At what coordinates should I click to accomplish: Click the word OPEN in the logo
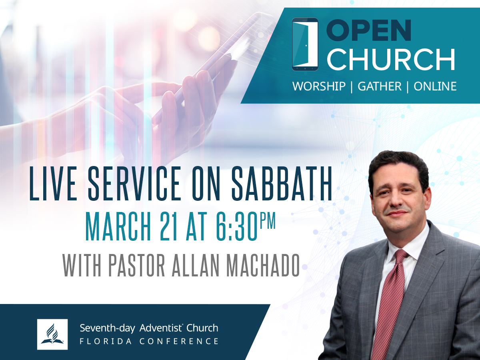[369, 30]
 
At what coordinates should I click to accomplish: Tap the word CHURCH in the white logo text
[391, 59]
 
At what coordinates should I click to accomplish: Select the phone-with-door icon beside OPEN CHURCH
[305, 44]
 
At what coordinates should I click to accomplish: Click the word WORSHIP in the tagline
[319, 86]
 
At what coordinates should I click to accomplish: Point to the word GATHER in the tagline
[380, 86]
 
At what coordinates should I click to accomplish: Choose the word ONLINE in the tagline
[435, 86]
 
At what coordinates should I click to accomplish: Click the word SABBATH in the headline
[282, 183]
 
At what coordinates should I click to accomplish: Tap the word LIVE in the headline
[53, 183]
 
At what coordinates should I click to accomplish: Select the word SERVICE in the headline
[135, 183]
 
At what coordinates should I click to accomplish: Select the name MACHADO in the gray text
[263, 265]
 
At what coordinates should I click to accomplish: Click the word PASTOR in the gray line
[136, 265]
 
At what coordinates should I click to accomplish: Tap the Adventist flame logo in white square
[52, 334]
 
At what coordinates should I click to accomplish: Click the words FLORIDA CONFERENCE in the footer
[149, 341]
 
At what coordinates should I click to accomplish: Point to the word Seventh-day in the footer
[107, 328]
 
